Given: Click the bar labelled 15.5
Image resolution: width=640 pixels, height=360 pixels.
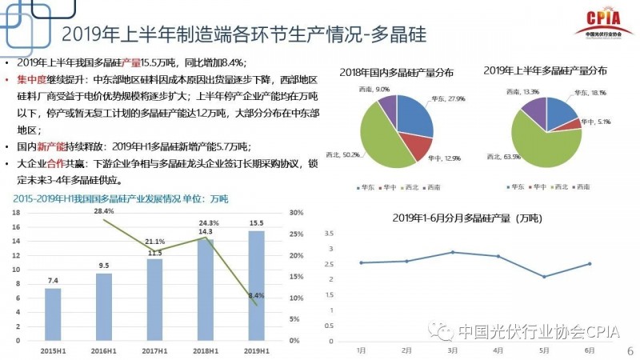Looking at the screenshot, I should point(256,285).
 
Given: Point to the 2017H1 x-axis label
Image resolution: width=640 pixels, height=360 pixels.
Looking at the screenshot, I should point(154,350).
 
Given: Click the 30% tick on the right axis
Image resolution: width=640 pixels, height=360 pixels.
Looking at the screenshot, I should point(295,213).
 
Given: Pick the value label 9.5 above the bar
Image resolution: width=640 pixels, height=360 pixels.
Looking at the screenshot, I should point(104,266).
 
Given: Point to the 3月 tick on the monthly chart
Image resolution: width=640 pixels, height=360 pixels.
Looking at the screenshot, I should point(453,350).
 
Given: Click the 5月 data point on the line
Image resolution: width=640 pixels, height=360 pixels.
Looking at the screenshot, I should point(545,277).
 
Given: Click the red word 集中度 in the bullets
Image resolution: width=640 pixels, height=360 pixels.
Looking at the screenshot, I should point(33,80).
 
